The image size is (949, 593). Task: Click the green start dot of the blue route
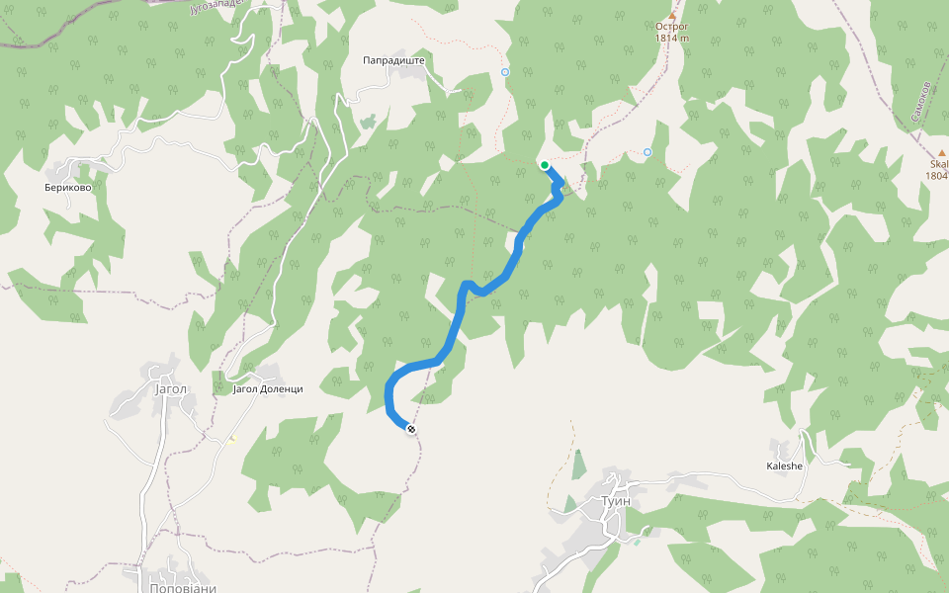pos(545,165)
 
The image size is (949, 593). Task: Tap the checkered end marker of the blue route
pos(410,428)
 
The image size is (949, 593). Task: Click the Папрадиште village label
pos(393,60)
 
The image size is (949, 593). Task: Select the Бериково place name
pos(74,187)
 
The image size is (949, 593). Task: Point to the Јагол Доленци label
pos(267,388)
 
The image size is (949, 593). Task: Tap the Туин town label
pos(615,501)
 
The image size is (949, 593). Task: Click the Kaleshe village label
pos(785,466)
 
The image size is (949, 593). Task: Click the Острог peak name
pos(671,28)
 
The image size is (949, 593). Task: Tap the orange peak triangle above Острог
pos(672,16)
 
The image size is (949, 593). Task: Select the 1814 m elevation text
pos(671,39)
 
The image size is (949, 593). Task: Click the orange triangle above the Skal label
pos(941,152)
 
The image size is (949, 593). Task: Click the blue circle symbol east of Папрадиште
pos(505,72)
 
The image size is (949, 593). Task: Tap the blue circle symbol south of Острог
pos(647,151)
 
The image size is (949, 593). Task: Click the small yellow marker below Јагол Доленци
pos(232,440)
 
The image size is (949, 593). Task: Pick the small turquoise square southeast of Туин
pos(639,542)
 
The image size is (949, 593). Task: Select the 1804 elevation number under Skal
pos(936,176)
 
